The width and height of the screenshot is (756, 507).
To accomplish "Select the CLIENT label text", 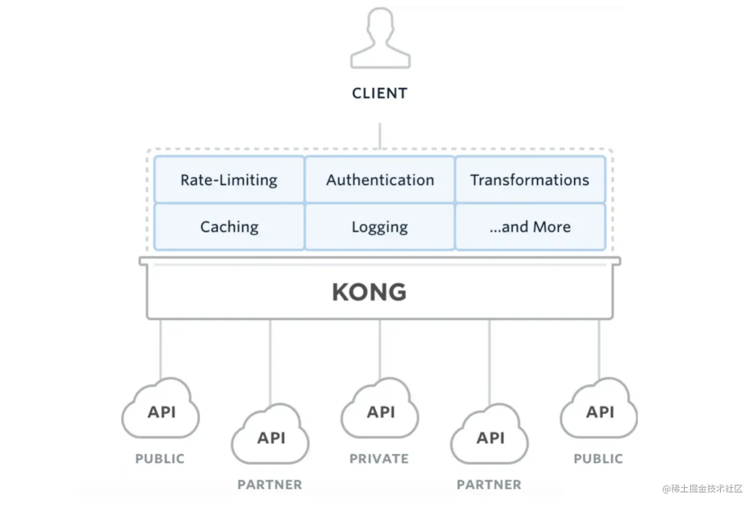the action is point(380,94).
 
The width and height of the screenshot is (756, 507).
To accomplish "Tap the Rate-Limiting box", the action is point(229,179).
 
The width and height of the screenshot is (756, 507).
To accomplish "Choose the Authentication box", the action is point(380,179).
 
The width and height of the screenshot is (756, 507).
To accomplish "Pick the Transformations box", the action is point(530,179).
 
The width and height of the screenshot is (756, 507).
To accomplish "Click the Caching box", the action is point(229,226).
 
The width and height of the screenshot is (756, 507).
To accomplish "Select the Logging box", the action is point(380,226).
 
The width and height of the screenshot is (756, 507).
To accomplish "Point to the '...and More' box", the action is point(530,226).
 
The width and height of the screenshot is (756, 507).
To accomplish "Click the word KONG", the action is point(369,292).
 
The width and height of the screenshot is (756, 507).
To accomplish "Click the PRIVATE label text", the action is point(380,459).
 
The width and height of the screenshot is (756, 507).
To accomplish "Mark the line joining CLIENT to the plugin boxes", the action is point(380,136).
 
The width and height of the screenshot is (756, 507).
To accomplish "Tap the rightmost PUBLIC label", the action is point(598,459).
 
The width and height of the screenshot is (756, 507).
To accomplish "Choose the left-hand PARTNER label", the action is point(270,485).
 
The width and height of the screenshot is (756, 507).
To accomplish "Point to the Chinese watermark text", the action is point(702,488).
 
